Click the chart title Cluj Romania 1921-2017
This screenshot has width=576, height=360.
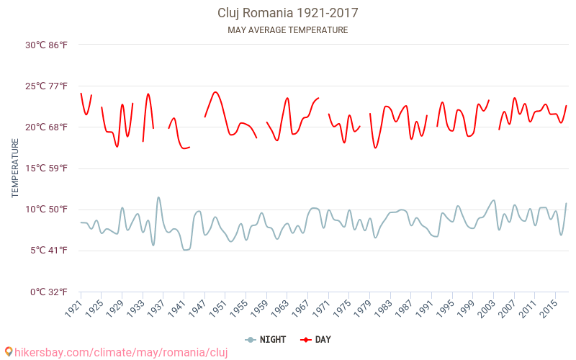[x=287, y=13]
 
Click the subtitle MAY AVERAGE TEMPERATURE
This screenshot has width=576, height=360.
[x=287, y=30]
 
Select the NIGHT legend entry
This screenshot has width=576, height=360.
[x=266, y=339]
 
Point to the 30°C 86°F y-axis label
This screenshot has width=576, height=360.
[x=46, y=45]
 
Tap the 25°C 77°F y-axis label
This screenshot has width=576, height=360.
[x=46, y=86]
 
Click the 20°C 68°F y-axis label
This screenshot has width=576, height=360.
[x=46, y=127]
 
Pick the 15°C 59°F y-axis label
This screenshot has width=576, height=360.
[x=46, y=168]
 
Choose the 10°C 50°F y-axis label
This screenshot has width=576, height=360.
[x=46, y=210]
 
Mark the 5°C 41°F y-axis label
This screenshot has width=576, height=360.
[x=48, y=251]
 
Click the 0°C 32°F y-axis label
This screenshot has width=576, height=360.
[x=48, y=292]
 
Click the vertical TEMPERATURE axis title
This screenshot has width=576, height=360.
[x=15, y=168]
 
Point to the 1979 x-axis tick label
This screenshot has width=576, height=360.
[x=365, y=307]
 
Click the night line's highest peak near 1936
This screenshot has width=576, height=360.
[x=158, y=197]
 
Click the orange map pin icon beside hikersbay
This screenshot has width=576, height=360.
[x=9, y=352]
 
